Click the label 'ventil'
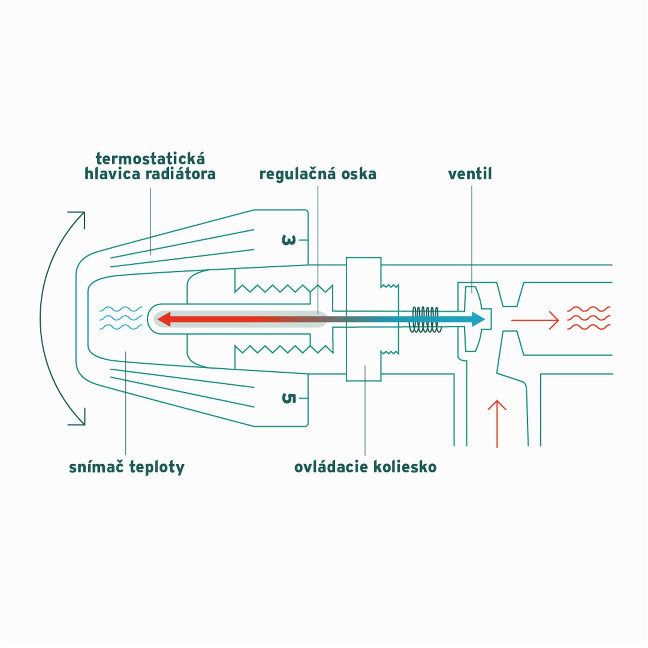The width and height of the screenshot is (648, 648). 470,174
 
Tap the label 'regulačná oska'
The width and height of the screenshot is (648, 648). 318,174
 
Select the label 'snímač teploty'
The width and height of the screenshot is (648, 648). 127,467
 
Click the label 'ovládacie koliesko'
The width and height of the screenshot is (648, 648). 365,467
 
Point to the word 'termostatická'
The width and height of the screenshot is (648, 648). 150,159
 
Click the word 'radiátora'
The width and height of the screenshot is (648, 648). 181,174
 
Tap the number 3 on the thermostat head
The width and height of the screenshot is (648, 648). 288,240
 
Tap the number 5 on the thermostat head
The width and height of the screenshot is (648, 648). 288,398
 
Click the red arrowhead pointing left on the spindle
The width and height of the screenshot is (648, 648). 163,319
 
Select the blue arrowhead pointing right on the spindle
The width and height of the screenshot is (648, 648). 478,319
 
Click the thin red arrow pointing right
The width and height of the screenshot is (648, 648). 535,320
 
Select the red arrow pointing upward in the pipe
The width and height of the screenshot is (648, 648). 497,424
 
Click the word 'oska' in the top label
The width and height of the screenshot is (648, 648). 359,174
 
